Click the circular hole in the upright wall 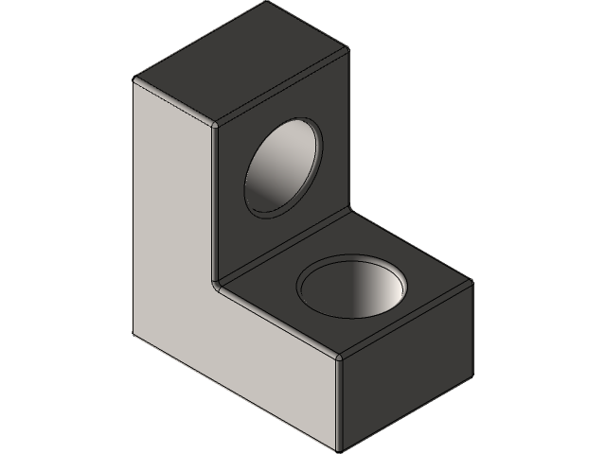[x=282, y=168]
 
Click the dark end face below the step [x=402, y=364]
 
